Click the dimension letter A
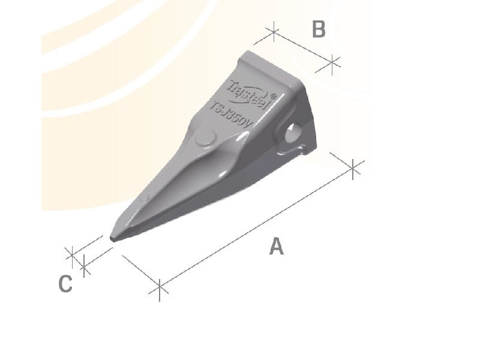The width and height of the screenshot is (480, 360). [x=276, y=246]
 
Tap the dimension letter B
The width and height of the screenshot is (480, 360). [x=319, y=29]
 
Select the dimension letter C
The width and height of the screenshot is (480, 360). [x=65, y=284]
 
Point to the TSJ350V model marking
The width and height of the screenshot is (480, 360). [x=233, y=113]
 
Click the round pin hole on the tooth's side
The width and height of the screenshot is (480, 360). [x=295, y=133]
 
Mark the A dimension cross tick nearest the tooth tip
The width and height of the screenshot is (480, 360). [x=159, y=289]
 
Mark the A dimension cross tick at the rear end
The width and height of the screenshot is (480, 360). [x=354, y=168]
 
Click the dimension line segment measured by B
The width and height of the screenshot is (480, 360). [x=303, y=46]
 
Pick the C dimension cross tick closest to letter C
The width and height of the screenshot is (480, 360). [x=85, y=265]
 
